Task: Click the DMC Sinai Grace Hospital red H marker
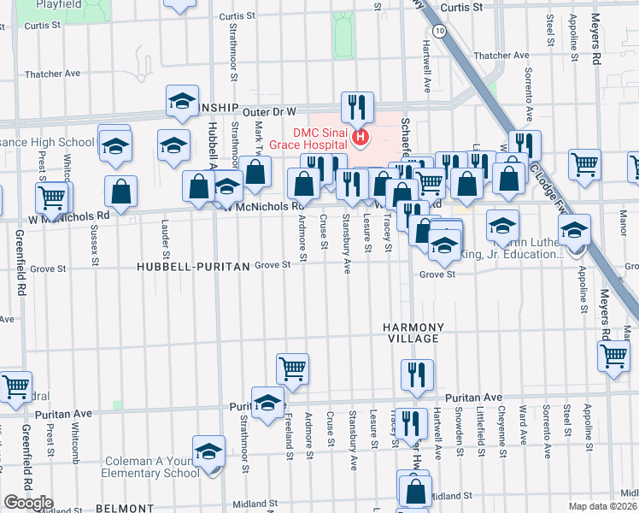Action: (361, 137)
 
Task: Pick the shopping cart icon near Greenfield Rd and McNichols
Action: (51, 198)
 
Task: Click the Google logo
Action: (28, 503)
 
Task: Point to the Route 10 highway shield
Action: (439, 31)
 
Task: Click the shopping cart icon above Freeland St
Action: (292, 369)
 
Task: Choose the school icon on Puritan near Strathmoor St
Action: (267, 403)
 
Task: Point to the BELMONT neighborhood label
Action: (125, 508)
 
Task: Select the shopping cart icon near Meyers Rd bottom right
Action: (613, 357)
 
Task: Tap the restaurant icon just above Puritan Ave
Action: (417, 374)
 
